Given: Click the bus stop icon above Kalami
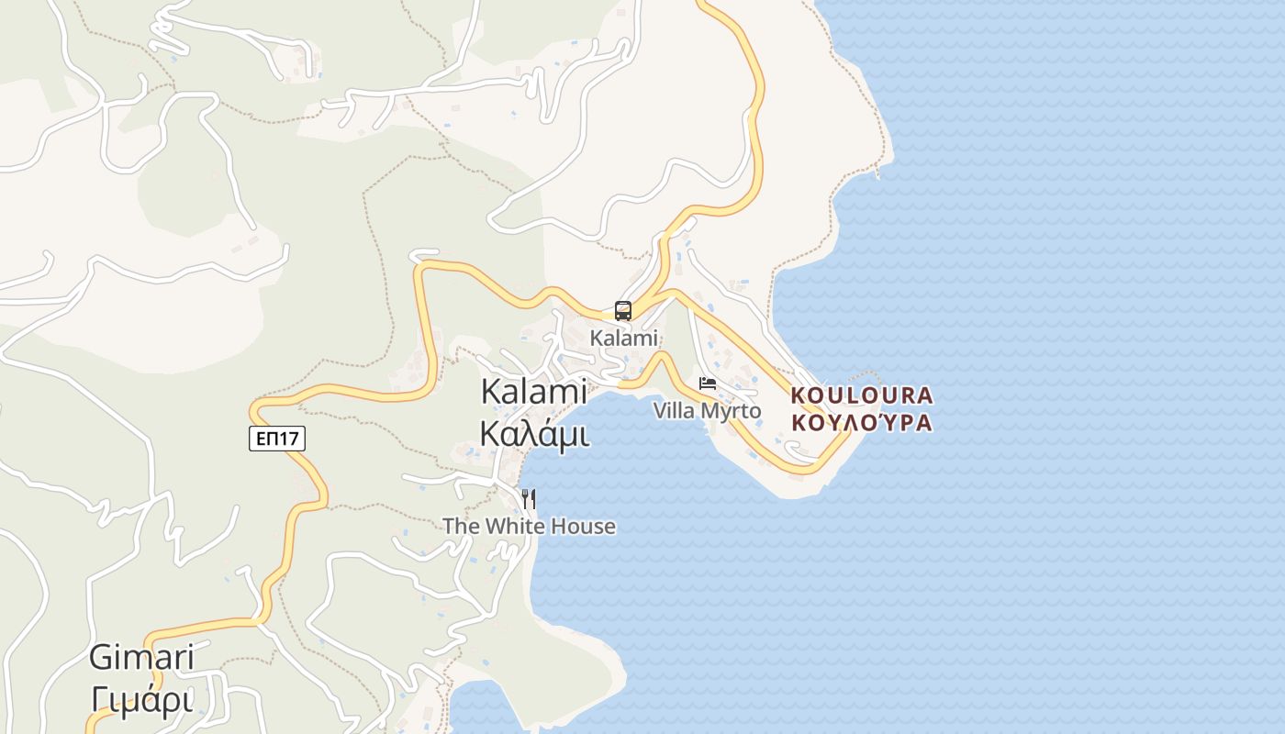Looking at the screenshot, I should click(623, 310).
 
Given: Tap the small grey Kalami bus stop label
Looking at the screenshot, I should click(624, 338).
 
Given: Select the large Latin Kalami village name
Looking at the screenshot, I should click(534, 392).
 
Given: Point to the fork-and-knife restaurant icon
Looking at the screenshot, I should click(529, 499).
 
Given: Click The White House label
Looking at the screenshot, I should click(529, 526).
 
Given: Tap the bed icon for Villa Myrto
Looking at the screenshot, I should click(707, 384).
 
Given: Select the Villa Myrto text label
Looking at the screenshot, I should click(707, 410).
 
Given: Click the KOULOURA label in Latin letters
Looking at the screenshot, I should click(862, 395).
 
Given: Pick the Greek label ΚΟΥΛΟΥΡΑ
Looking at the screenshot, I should click(862, 423).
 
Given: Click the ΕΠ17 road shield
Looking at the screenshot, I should click(277, 439).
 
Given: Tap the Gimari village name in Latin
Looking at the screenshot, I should click(141, 658).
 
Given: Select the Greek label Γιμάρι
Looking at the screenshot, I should click(141, 700).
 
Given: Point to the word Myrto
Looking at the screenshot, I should click(732, 410).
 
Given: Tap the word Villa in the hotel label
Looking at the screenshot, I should click(674, 410).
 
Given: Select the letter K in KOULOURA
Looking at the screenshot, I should click(798, 395).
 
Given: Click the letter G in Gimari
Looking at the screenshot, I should click(101, 658).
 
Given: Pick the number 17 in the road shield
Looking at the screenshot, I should click(288, 439).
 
